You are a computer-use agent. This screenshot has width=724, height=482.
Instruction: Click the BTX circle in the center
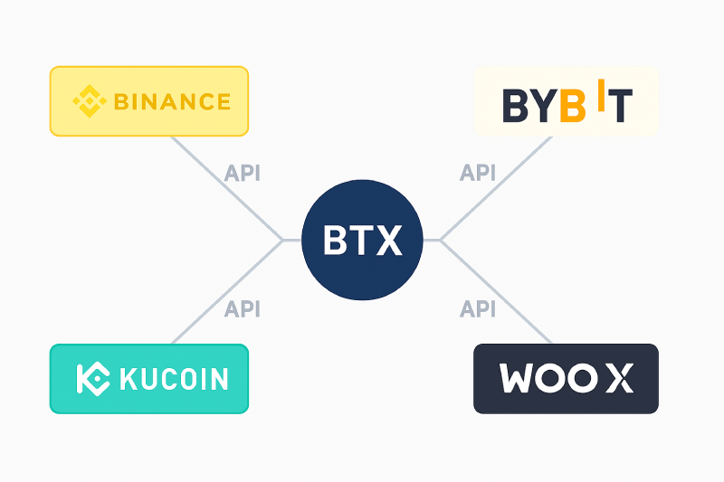click(x=362, y=240)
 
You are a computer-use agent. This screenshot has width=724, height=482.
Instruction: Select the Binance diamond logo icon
click(x=90, y=101)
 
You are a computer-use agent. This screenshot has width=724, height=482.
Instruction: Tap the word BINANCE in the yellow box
click(x=172, y=101)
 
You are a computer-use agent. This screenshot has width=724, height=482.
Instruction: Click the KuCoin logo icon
click(x=93, y=379)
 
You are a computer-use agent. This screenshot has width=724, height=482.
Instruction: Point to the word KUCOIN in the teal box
click(x=174, y=379)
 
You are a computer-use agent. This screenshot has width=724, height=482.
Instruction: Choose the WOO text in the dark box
click(x=548, y=378)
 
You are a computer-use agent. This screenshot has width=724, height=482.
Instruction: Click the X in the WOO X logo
click(x=620, y=378)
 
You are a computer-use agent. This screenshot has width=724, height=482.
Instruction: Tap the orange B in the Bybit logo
click(x=573, y=106)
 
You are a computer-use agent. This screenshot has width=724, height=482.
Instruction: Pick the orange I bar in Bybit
click(x=601, y=95)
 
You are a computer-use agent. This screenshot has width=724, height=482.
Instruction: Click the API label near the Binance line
click(x=242, y=173)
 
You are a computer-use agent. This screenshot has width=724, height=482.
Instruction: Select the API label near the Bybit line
click(x=478, y=173)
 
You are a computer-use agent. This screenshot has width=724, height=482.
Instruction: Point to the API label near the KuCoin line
click(x=242, y=308)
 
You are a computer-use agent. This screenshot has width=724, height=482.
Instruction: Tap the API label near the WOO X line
click(x=478, y=308)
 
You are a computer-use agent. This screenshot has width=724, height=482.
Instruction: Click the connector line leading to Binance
click(x=227, y=188)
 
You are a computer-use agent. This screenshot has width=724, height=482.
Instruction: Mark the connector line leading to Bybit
click(x=496, y=188)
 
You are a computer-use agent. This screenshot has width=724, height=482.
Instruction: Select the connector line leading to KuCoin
click(x=227, y=292)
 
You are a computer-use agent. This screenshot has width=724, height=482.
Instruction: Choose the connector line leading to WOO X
click(x=496, y=292)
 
